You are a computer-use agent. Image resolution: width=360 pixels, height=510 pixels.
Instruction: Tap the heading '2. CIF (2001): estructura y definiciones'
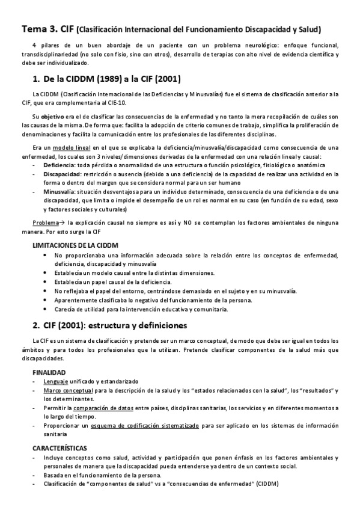tap(111, 326)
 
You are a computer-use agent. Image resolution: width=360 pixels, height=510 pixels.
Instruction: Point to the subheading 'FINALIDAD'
tap(49, 372)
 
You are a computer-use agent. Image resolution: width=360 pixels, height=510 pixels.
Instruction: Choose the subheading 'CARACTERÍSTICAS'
tap(59, 448)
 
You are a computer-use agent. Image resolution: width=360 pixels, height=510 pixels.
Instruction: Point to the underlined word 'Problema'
tap(46, 222)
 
